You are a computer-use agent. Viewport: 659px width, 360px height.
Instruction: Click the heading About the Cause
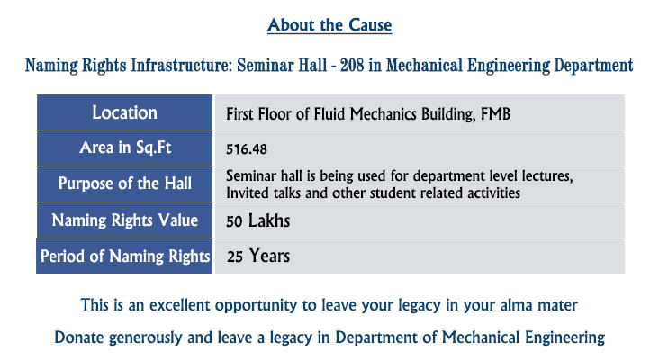click(329, 25)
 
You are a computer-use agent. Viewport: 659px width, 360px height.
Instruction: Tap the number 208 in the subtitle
click(352, 66)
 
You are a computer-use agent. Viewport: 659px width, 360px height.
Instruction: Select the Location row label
click(125, 112)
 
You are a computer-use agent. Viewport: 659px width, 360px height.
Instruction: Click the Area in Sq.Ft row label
click(125, 148)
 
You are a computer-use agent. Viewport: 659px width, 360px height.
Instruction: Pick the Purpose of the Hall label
click(125, 184)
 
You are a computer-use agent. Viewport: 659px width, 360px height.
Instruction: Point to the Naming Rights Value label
click(125, 220)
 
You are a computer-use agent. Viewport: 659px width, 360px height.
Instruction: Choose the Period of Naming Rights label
click(125, 256)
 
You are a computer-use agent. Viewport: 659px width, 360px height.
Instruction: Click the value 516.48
click(247, 149)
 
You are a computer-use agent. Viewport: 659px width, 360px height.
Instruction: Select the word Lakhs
click(269, 220)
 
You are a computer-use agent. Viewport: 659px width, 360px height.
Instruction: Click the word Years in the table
click(269, 256)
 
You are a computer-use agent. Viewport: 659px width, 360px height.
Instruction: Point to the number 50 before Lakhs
click(234, 221)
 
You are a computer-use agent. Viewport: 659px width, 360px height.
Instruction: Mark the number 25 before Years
click(235, 256)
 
